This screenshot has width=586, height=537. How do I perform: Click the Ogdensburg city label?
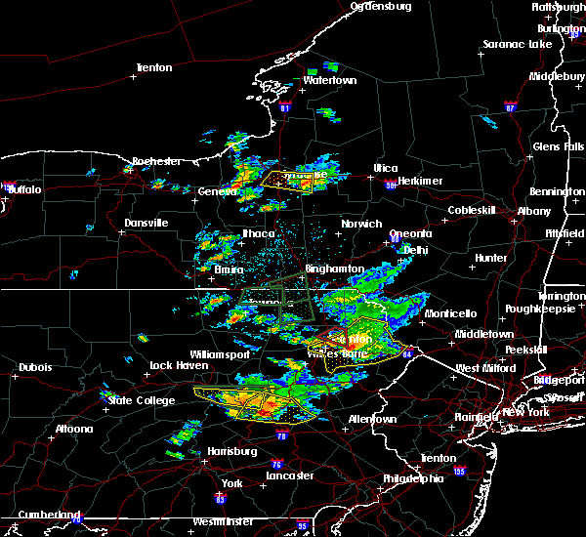pyautogui.click(x=381, y=6)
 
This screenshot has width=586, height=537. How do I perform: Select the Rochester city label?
pyautogui.click(x=156, y=161)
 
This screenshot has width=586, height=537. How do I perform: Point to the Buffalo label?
pyautogui.click(x=24, y=189)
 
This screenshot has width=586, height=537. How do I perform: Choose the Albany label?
pyautogui.click(x=533, y=211)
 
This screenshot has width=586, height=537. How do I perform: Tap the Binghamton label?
pyautogui.click(x=334, y=268)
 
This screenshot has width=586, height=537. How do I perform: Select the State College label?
pyautogui.click(x=134, y=400)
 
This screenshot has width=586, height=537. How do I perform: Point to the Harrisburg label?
pyautogui.click(x=231, y=451)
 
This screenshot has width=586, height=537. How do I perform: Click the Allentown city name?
pyautogui.click(x=375, y=419)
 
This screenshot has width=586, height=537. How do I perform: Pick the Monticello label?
pyautogui.click(x=450, y=313)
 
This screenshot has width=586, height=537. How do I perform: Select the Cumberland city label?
pyautogui.click(x=40, y=515)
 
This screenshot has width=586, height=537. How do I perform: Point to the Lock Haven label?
pyautogui.click(x=178, y=366)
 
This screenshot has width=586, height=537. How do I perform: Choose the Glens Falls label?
pyautogui.click(x=559, y=146)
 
